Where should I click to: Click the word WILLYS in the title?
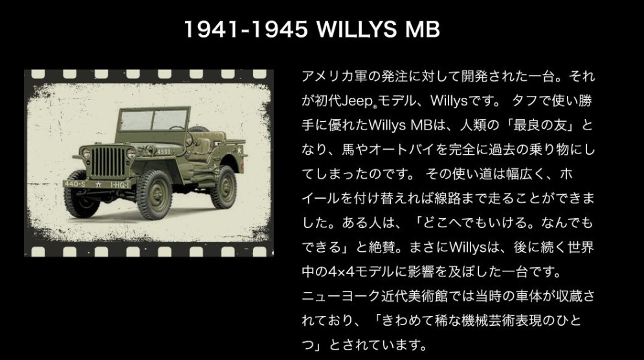tap(357, 29)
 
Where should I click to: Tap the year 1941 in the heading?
tap(211, 29)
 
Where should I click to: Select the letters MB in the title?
tap(423, 29)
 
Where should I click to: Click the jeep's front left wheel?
tap(155, 194)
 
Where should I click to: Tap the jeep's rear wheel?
tap(224, 186)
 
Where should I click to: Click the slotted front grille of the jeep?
tap(107, 162)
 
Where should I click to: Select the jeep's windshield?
tap(154, 120)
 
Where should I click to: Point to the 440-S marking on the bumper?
tap(75, 184)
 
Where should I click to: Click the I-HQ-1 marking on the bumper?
tap(120, 185)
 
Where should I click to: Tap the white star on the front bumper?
tap(98, 185)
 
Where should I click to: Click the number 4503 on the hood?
tap(164, 152)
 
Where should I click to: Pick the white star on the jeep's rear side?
tap(239, 151)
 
